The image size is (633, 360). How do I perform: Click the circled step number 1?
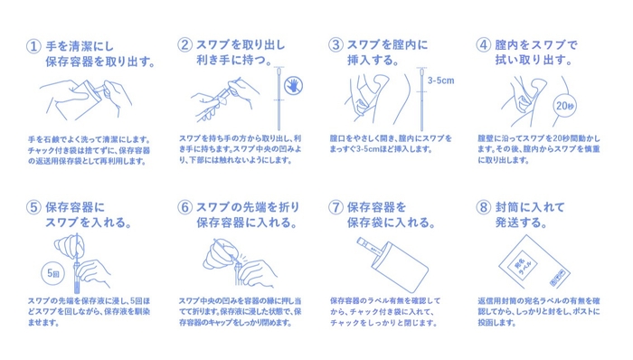[33, 46]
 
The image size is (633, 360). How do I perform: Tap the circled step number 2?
[184, 44]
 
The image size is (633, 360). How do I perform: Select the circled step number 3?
[335, 44]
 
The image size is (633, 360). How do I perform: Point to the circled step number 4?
[484, 44]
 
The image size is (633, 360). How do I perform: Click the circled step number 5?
[33, 207]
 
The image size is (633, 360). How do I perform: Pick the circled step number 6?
[184, 207]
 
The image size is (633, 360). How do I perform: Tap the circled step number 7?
[335, 207]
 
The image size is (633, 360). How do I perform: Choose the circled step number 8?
[484, 207]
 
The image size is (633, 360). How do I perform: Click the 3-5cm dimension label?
[441, 81]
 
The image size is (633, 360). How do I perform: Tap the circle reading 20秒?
[565, 106]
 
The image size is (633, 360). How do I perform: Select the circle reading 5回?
[53, 273]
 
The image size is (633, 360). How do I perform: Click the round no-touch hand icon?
[294, 85]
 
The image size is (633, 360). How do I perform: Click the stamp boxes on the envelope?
[559, 277]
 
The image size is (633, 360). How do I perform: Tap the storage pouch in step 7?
[400, 267]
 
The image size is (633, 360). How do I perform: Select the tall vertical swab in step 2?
[279, 99]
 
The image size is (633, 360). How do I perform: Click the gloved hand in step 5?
[70, 245]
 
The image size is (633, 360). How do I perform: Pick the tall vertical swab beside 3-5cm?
[421, 99]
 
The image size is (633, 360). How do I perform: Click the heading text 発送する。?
[521, 223]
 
